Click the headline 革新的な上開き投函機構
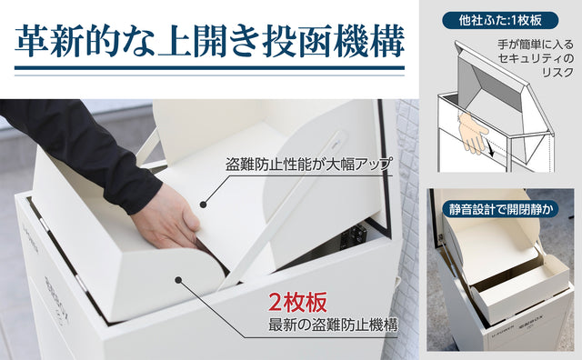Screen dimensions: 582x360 pyautogui.click(x=210, y=41)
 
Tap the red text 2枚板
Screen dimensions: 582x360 pyautogui.click(x=297, y=302)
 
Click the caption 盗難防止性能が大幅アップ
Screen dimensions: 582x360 pyautogui.click(x=309, y=164)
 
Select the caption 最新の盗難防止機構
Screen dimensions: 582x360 pyautogui.click(x=334, y=325)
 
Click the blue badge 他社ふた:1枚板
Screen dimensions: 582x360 pyautogui.click(x=500, y=20)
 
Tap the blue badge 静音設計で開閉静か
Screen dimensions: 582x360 pyautogui.click(x=500, y=209)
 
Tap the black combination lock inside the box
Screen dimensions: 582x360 pyautogui.click(x=354, y=235)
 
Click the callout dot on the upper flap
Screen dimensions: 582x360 pyautogui.click(x=203, y=205)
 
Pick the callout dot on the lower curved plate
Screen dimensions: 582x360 pyautogui.click(x=179, y=280)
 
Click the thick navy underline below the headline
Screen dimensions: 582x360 pyautogui.click(x=210, y=68)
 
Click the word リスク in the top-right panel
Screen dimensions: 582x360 pyautogui.click(x=557, y=73)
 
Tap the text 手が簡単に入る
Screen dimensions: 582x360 pyautogui.click(x=536, y=45)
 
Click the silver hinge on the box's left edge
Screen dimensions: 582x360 pyautogui.click(x=45, y=225)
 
